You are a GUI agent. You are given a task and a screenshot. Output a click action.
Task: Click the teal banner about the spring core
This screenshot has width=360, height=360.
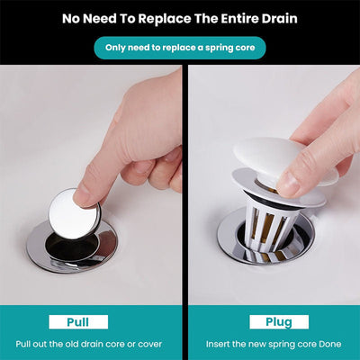coord(180,48)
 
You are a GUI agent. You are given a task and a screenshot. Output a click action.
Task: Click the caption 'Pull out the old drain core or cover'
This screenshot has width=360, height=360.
coord(88,344)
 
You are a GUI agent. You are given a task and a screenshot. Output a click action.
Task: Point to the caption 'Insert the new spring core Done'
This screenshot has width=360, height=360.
coord(273,344)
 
